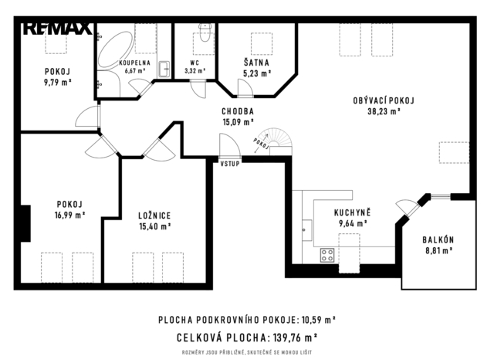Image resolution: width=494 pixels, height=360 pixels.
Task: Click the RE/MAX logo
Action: pos(58,29)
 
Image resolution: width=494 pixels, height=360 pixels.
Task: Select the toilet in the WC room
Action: pos(205,32)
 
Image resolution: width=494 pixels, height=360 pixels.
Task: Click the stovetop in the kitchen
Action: pos(327,255)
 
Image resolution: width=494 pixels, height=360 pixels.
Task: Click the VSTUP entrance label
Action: pos(230,164)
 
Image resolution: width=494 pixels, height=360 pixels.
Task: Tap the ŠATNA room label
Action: pos(256,63)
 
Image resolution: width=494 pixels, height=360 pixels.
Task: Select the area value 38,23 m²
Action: pos(384,111)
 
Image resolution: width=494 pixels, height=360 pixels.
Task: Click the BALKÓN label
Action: pos(438,239)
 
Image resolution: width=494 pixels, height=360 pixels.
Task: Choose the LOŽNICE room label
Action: pos(154,216)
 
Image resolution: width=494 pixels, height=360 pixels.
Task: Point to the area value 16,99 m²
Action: pos(70,215)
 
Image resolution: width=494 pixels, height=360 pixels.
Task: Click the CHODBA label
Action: pos(238,111)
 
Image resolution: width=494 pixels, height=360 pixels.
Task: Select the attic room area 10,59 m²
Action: pos(319,320)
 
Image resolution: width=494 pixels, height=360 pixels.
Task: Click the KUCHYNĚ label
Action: pos(353,212)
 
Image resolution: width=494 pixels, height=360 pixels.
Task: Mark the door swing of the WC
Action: pos(198,90)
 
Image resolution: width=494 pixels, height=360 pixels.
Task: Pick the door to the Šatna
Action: pos(245,87)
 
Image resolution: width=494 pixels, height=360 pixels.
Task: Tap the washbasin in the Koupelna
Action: pos(164,69)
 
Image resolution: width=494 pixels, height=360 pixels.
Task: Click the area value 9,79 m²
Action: pos(58,83)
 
